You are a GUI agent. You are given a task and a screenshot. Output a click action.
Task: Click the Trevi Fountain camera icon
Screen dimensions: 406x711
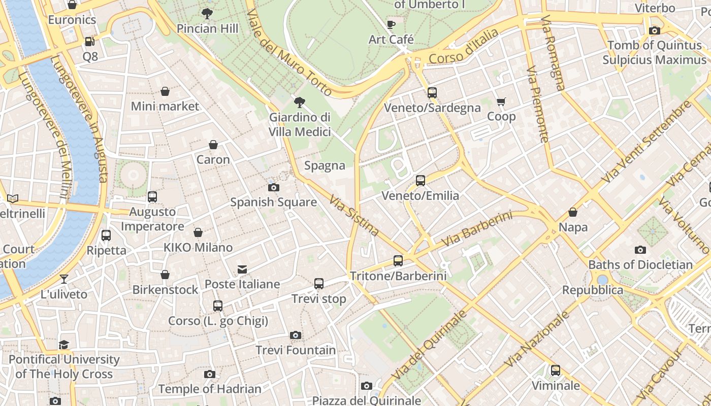tap(296, 335)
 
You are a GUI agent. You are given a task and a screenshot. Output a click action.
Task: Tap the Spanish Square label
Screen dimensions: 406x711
tap(273, 202)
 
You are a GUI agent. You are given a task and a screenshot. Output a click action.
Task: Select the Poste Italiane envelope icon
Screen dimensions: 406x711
tap(242, 269)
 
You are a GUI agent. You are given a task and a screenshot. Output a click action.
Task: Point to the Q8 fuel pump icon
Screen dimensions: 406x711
tap(90, 42)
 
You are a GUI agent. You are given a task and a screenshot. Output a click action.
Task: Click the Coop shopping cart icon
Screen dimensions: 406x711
tap(501, 102)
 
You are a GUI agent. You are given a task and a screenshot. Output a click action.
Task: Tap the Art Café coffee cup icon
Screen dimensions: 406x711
tap(391, 24)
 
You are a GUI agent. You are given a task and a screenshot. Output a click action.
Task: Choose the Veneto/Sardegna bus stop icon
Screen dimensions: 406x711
tap(432, 93)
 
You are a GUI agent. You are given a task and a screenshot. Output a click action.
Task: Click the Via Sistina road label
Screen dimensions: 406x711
tap(354, 216)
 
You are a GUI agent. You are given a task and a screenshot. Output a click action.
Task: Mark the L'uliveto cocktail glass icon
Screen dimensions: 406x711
tap(64, 279)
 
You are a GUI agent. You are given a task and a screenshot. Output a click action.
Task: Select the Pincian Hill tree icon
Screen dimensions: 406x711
tap(207, 14)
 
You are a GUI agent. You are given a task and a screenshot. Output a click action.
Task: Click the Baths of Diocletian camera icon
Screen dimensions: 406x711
tap(640, 250)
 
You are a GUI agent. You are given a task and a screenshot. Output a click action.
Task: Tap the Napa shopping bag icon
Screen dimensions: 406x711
tap(573, 212)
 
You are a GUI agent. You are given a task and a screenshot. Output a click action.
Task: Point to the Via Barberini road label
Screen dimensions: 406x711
tap(477, 229)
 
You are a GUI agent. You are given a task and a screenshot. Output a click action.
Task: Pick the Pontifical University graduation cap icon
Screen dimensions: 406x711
tap(64, 345)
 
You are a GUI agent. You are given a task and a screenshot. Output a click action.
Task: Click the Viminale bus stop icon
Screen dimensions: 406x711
tap(556, 370)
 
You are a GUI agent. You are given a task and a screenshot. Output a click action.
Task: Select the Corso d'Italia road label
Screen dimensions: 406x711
tap(464, 47)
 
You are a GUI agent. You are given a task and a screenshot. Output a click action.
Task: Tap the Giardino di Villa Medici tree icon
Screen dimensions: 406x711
tap(300, 103)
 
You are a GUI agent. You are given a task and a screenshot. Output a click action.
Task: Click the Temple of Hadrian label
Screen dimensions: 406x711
tap(210, 389)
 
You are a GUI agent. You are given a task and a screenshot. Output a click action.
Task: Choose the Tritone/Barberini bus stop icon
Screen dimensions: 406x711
tap(398, 261)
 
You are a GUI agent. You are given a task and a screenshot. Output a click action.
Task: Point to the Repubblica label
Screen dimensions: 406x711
tap(592, 290)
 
